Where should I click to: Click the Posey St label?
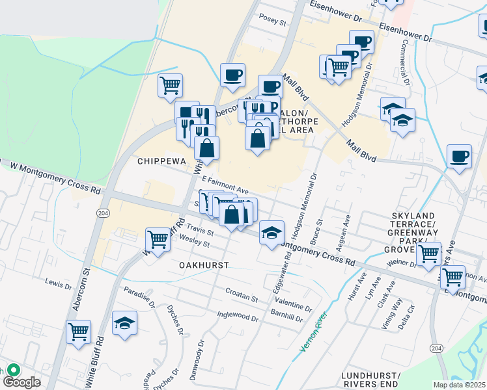(273, 21)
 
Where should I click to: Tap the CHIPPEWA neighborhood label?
(161, 161)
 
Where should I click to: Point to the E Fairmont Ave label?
(225, 185)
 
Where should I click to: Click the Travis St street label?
(199, 230)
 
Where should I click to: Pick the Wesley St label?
(195, 242)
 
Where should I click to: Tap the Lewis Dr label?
(59, 284)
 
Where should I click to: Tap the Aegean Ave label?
(346, 229)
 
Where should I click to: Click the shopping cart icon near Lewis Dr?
(79, 331)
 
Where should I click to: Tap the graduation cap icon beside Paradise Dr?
(124, 322)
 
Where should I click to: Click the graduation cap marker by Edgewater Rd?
(271, 232)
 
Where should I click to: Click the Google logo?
(21, 382)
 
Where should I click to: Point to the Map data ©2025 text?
(459, 385)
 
